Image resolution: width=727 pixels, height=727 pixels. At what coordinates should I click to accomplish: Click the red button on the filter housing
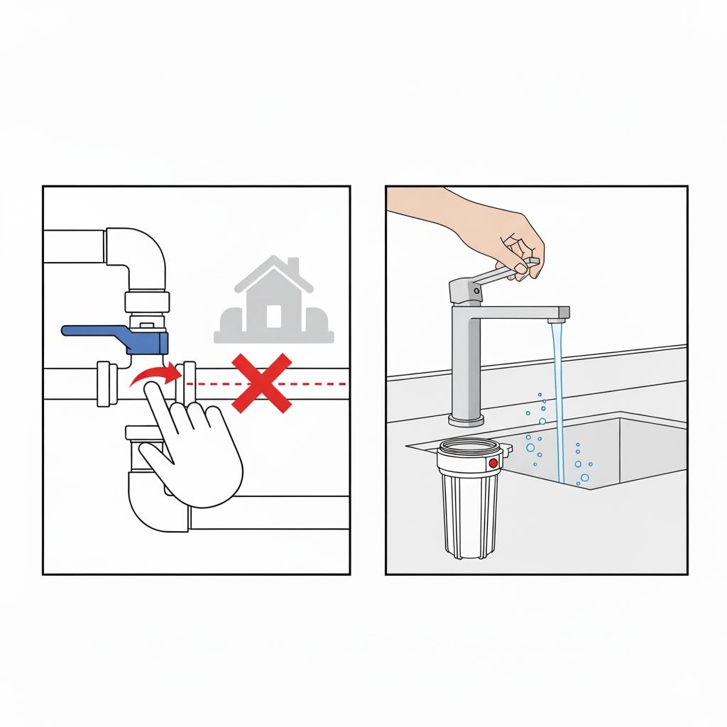coord(493,463)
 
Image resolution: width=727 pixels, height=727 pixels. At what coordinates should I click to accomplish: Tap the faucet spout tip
coord(562,312)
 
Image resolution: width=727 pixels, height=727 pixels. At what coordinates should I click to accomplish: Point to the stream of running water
coord(557,398)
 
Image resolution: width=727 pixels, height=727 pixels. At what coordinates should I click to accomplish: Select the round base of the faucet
coord(466,421)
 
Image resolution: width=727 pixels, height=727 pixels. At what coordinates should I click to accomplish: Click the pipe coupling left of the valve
coord(107,383)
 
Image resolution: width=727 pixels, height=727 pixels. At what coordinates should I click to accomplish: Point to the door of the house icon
coord(274,317)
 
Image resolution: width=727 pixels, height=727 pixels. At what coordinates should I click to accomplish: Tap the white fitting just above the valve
coord(146,302)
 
